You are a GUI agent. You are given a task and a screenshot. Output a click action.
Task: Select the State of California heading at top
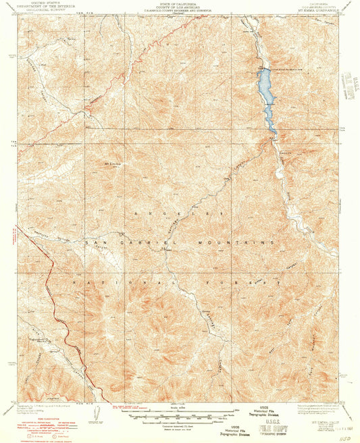pos(180,4)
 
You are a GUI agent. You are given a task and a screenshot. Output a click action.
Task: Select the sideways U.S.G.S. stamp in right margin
pos(349,88)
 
